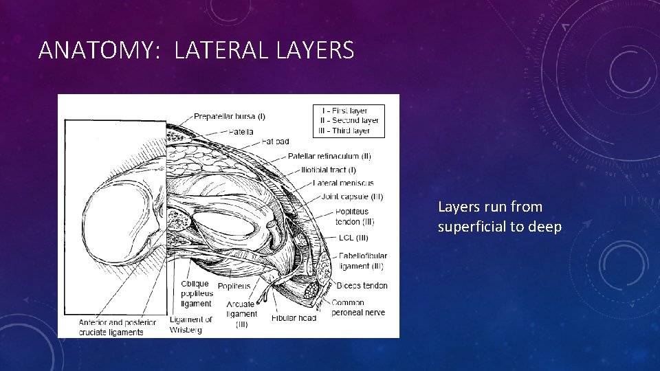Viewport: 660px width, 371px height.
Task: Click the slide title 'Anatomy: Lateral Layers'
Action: click(x=196, y=50)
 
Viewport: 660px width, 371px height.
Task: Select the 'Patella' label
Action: click(x=241, y=131)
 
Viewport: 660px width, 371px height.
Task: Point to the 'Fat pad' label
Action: click(x=275, y=142)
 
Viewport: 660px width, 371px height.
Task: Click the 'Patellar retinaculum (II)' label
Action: click(x=329, y=156)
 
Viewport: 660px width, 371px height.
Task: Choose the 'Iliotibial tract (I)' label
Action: click(x=328, y=170)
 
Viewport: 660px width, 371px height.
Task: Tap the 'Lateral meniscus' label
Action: click(x=342, y=183)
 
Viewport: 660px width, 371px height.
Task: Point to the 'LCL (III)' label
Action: click(x=353, y=238)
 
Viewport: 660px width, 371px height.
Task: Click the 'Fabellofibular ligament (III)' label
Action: click(x=361, y=261)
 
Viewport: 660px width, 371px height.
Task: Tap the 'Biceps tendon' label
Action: click(x=362, y=285)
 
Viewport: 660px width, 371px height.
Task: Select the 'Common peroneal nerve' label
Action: click(x=357, y=307)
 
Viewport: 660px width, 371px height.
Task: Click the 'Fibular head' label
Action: click(x=294, y=318)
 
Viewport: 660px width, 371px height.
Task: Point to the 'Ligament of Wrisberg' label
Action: click(x=190, y=324)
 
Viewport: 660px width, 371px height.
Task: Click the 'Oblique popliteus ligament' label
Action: click(x=196, y=293)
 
